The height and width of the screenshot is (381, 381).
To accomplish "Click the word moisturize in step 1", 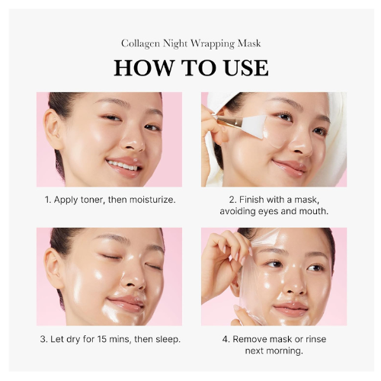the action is pyautogui.click(x=152, y=200).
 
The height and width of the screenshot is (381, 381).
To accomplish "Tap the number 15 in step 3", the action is pyautogui.click(x=102, y=339).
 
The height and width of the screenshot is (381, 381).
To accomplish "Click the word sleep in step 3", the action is pyautogui.click(x=166, y=340).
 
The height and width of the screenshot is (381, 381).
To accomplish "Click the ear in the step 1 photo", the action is pyautogui.click(x=53, y=130).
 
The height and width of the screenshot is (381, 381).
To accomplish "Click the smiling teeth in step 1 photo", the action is pyautogui.click(x=123, y=165).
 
